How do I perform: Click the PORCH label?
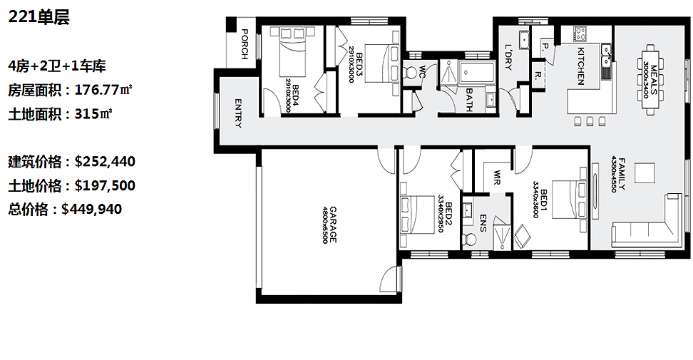pyautogui.click(x=245, y=43)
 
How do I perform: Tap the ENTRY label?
pyautogui.click(x=238, y=113)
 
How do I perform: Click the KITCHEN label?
pyautogui.click(x=581, y=66)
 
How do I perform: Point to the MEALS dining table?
pyautogui.click(x=650, y=80)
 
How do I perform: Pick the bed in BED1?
pyautogui.click(x=570, y=205)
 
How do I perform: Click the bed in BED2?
pyautogui.click(x=417, y=215)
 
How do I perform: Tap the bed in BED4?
pyautogui.click(x=292, y=51)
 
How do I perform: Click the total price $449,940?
pyautogui.click(x=91, y=209)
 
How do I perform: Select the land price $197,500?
pyautogui.click(x=105, y=185)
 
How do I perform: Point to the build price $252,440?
pyautogui.click(x=105, y=161)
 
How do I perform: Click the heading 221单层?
pyautogui.click(x=39, y=17)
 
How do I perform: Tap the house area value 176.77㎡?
pyautogui.click(x=103, y=90)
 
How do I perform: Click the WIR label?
pyautogui.click(x=497, y=177)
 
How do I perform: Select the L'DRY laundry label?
pyautogui.click(x=508, y=57)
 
